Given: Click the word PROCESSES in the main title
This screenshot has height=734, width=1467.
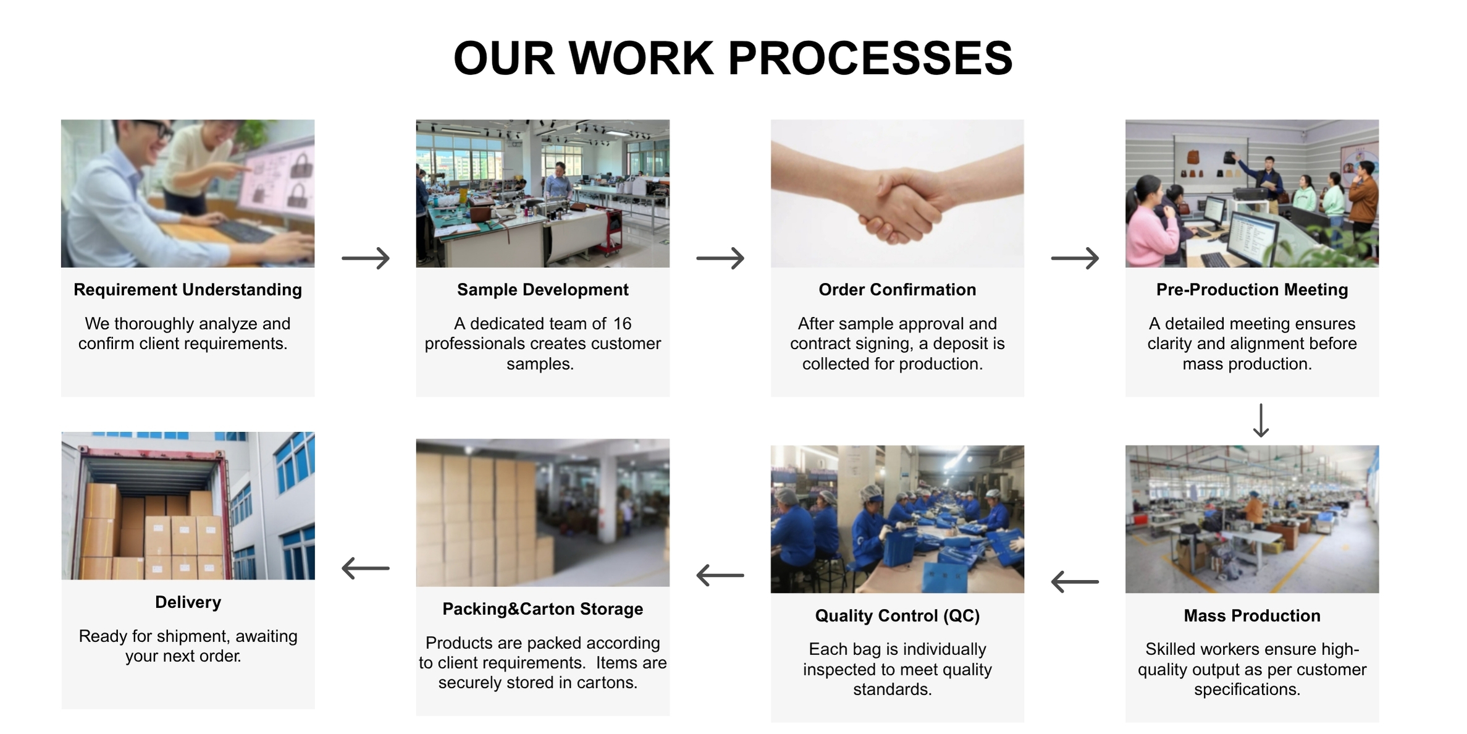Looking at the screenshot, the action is tap(870, 58).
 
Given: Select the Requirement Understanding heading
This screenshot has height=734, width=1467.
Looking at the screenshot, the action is tap(188, 290).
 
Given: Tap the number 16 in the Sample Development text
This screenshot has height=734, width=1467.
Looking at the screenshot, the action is tap(623, 323).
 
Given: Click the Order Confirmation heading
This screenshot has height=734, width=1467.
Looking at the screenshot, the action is tap(897, 290).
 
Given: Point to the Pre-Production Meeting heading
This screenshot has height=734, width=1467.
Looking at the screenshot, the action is tap(1252, 290).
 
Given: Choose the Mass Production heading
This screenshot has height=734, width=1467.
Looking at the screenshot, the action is tap(1252, 615).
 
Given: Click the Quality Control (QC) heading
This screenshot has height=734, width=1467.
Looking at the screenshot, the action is tap(897, 615).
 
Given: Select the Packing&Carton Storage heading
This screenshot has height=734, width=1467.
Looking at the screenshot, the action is tap(543, 609).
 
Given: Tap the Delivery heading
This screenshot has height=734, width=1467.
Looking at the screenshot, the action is tap(188, 602).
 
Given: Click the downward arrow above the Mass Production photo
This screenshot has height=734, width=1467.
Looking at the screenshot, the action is tap(1261, 421).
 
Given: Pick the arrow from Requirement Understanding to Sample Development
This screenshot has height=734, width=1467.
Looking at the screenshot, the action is tap(366, 258).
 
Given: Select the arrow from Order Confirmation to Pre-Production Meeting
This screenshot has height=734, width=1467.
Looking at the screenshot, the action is tap(1075, 258).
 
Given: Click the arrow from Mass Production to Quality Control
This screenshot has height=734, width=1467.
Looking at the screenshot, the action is tap(1075, 581).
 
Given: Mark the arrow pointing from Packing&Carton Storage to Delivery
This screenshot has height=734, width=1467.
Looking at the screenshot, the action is tap(366, 568).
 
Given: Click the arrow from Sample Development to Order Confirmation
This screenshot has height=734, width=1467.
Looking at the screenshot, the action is tap(720, 258).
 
